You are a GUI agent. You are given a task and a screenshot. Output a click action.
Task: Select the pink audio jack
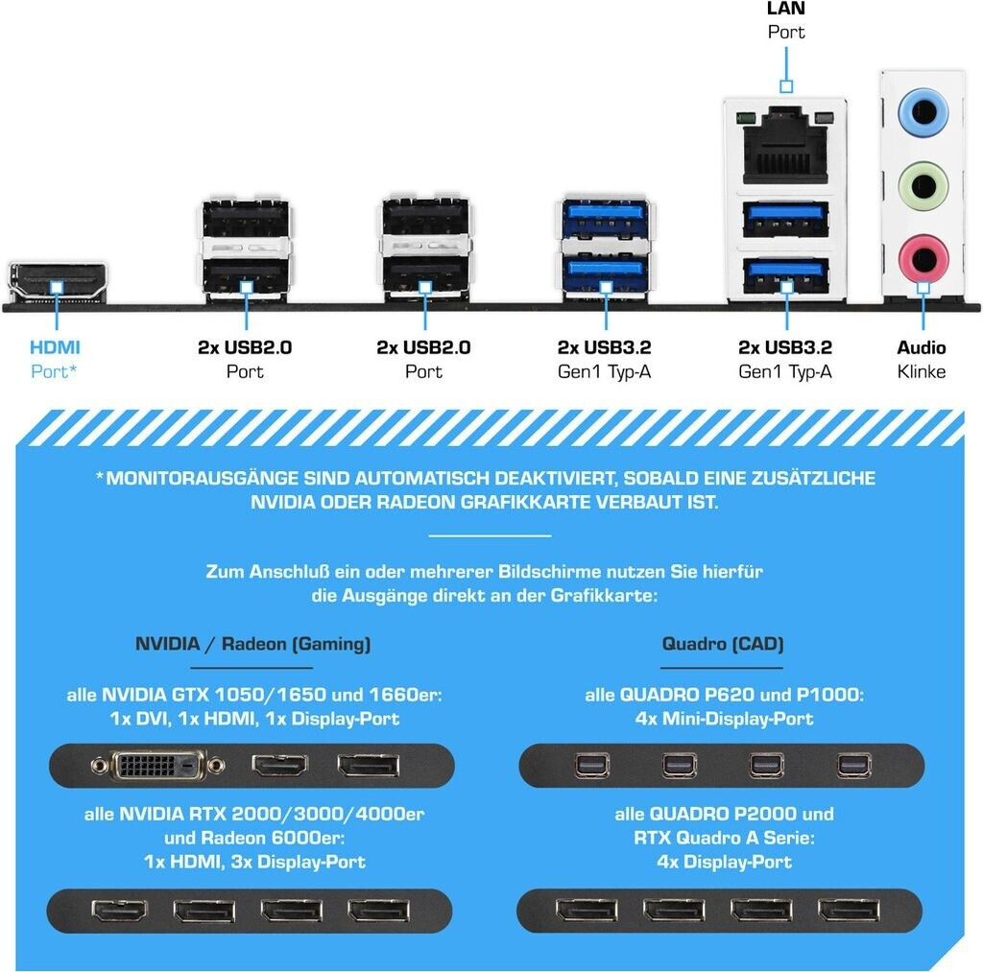923,255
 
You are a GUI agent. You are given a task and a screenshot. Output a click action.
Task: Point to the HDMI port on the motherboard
57,281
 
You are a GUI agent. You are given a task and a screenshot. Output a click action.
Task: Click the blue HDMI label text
55,347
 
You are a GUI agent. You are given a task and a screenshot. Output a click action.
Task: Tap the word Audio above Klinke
922,347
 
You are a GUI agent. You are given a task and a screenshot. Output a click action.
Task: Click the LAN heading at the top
785,9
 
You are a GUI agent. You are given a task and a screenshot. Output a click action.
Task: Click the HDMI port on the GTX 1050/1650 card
279,765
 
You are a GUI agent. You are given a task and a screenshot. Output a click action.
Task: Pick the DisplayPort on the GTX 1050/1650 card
367,765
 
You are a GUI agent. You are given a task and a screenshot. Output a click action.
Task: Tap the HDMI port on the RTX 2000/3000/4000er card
118,911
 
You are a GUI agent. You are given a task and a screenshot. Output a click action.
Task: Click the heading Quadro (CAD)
723,644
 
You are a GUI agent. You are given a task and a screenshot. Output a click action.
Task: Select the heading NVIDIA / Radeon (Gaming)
252,644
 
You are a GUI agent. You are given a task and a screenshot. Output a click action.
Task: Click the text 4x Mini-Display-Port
724,718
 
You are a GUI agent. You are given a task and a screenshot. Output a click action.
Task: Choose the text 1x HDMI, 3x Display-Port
254,862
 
